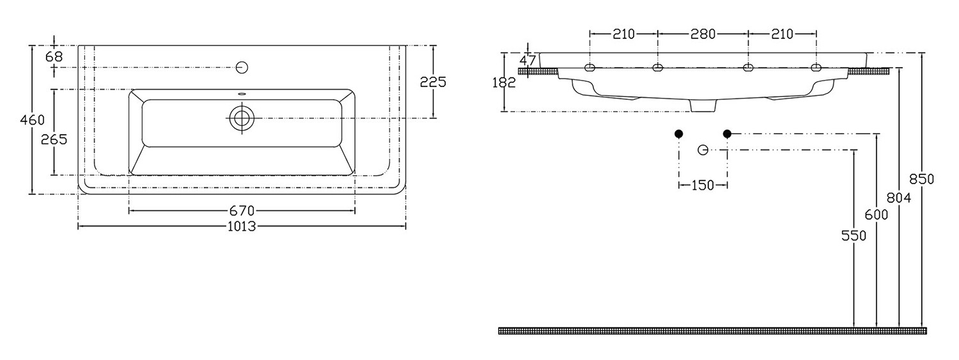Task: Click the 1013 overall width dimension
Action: point(242,226)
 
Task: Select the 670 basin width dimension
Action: point(242,210)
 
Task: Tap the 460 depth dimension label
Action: point(33,120)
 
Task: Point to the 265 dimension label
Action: point(54,139)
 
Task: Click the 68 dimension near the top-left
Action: point(54,56)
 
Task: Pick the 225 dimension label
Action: point(433,81)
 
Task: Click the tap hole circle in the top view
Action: point(242,67)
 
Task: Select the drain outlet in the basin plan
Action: point(242,118)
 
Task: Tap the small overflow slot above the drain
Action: point(242,93)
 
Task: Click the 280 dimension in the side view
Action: point(703,34)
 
